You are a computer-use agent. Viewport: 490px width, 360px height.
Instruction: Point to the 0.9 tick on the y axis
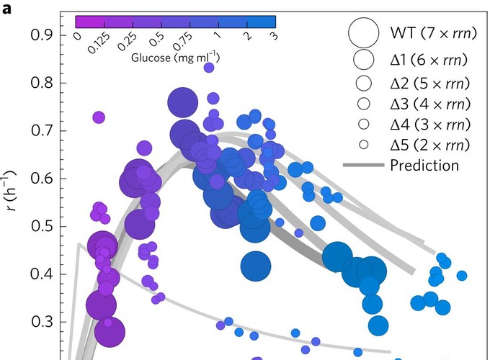[x=37, y=35]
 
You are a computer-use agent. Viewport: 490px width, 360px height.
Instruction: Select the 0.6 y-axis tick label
[x=37, y=179]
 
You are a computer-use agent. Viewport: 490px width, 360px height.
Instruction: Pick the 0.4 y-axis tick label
[x=37, y=274]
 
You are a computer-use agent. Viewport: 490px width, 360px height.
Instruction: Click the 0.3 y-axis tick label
[x=37, y=322]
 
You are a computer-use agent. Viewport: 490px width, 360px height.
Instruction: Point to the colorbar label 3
[x=270, y=37]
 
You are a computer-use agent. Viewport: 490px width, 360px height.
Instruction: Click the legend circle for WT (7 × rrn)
[x=363, y=32]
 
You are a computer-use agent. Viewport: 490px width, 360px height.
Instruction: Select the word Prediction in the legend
[x=424, y=165]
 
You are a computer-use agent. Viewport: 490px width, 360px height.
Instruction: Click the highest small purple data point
[x=209, y=68]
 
